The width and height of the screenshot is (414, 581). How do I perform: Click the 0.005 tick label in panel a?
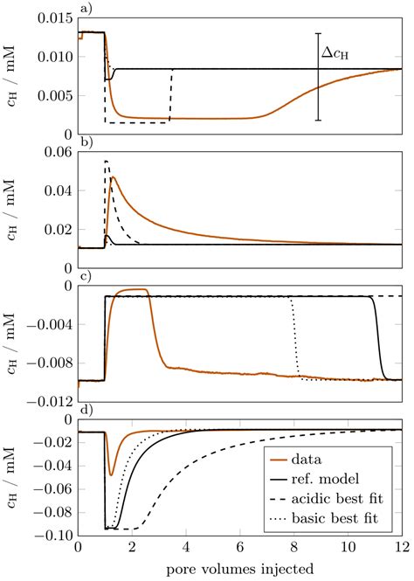coord(54,95)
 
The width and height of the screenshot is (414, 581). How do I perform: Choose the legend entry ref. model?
coord(344,479)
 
